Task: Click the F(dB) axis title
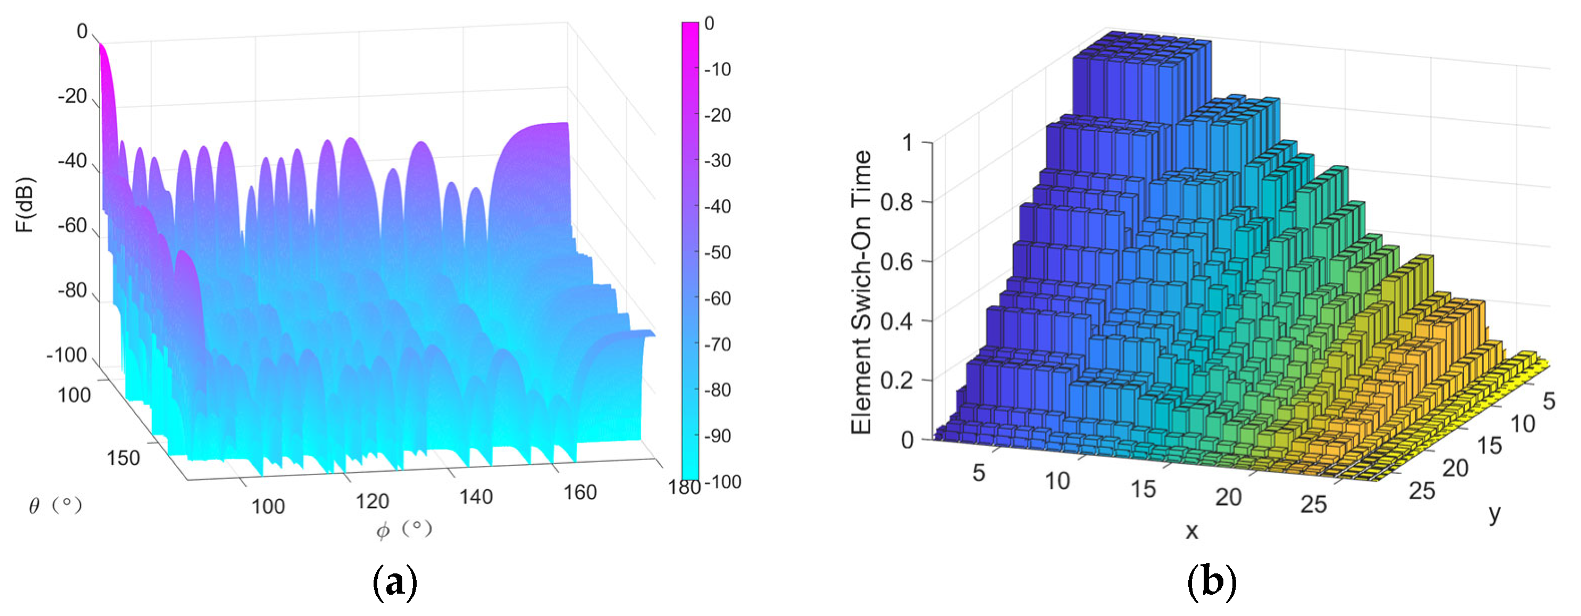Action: (x=24, y=204)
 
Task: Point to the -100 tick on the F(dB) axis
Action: (x=67, y=355)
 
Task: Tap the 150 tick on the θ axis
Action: (x=123, y=457)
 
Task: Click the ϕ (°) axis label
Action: (x=404, y=529)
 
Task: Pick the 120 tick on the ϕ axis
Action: (x=373, y=501)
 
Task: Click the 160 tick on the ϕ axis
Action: (x=580, y=492)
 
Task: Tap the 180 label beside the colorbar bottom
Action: (x=684, y=487)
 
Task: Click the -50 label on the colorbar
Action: (x=717, y=252)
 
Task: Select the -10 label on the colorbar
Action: (x=717, y=69)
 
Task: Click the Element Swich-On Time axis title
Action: (x=861, y=292)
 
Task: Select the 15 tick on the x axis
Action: (x=1143, y=489)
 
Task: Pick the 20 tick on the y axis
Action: (x=1454, y=468)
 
